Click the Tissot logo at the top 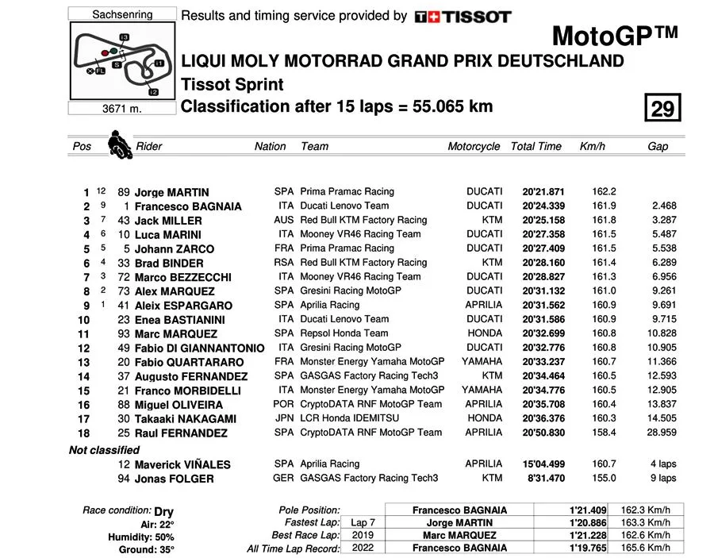click(463, 16)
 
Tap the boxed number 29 click(662, 107)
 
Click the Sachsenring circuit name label click(122, 14)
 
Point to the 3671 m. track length click(122, 109)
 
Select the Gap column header click(658, 146)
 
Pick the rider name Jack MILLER click(168, 221)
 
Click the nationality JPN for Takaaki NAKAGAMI click(284, 418)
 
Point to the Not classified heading click(104, 450)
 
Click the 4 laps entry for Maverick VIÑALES click(662, 464)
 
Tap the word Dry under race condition click(163, 512)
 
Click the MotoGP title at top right click(615, 36)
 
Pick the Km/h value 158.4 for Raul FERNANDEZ click(605, 433)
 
